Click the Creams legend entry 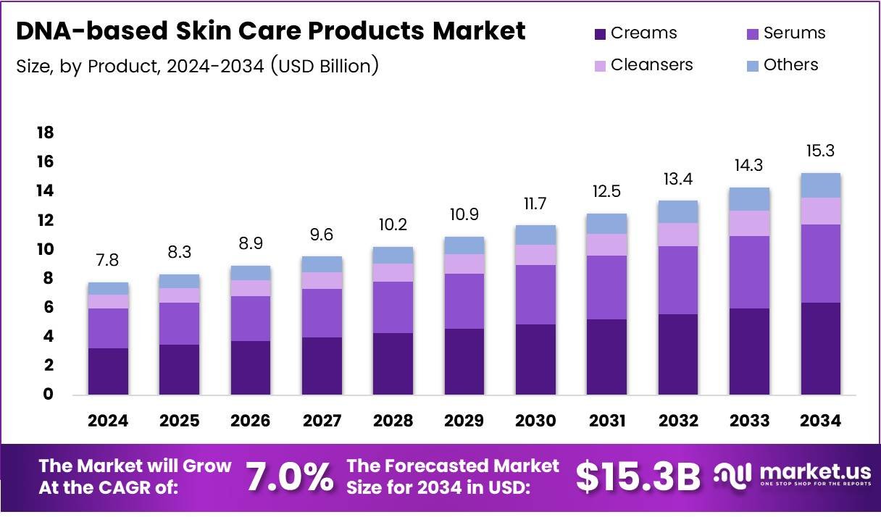(635, 33)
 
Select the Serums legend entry (785, 33)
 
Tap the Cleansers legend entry (643, 65)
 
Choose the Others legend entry (782, 65)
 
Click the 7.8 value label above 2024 (108, 259)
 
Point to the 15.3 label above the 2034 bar (821, 151)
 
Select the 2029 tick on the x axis (464, 421)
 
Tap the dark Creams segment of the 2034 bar (821, 348)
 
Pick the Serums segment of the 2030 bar (535, 295)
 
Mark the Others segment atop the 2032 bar (678, 211)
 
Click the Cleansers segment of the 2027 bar (322, 280)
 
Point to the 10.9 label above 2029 (464, 214)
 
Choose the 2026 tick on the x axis (251, 421)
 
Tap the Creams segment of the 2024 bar (108, 371)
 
